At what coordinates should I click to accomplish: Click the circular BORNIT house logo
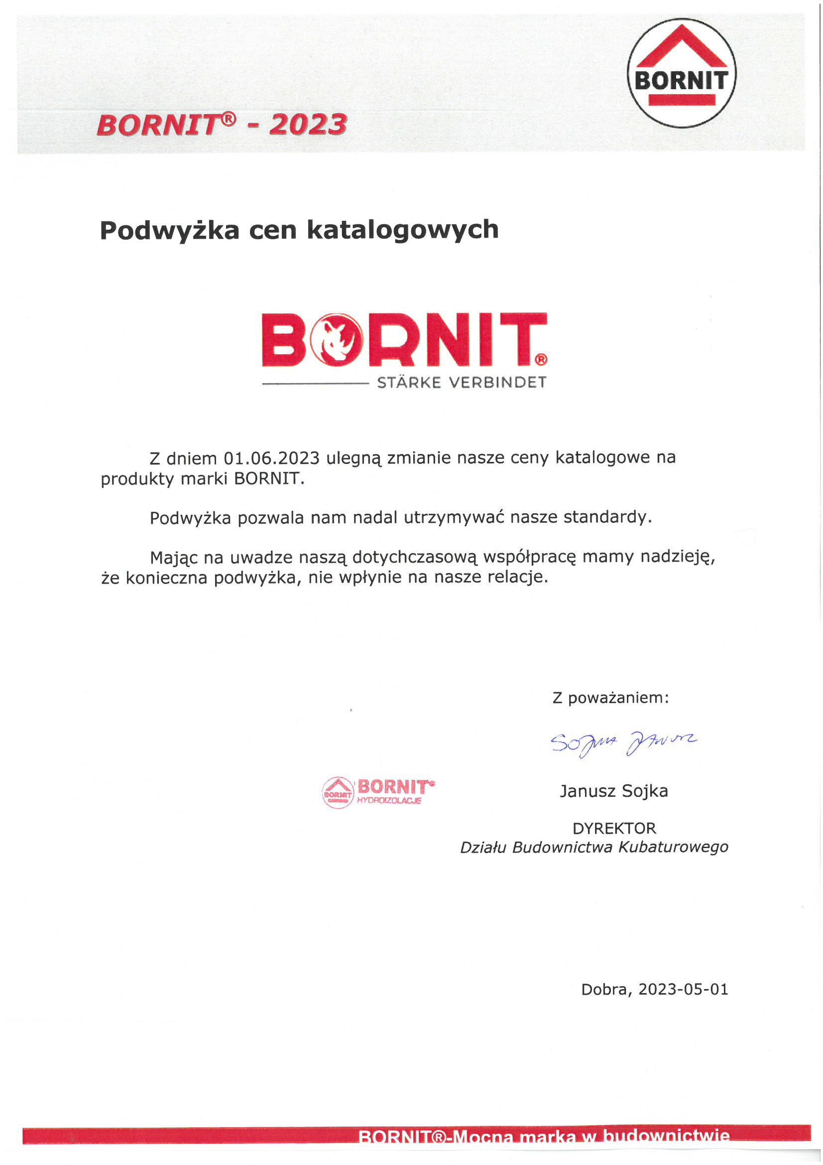682,73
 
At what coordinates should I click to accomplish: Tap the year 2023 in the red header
308,125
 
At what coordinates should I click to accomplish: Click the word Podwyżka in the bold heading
169,230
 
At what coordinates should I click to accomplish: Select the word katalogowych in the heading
403,230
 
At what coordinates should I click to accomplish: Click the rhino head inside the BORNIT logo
337,339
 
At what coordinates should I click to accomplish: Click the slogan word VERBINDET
498,383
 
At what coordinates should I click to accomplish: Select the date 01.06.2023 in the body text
272,458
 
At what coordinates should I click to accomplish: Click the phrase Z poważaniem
610,698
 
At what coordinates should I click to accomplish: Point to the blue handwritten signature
623,743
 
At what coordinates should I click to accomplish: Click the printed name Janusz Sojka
613,791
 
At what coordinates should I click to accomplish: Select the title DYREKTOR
614,829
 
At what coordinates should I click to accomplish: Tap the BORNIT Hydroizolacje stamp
378,792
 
